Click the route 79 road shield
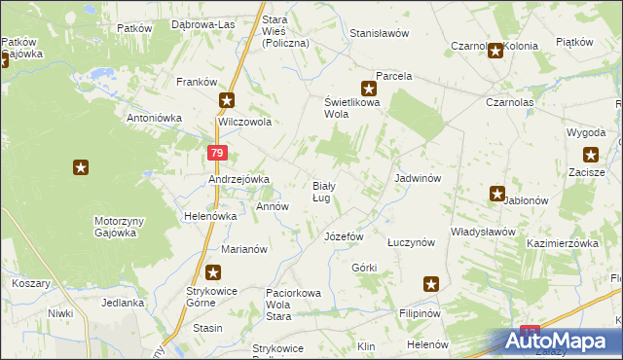pyautogui.click(x=217, y=154)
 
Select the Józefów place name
pyautogui.click(x=343, y=236)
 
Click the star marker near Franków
pyautogui.click(x=227, y=100)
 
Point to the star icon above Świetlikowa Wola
pyautogui.click(x=369, y=88)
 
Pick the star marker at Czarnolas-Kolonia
pyautogui.click(x=495, y=52)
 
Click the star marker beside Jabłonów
pyautogui.click(x=497, y=195)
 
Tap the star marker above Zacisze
pyautogui.click(x=590, y=154)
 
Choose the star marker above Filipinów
pyautogui.click(x=431, y=285)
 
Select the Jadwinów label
pyautogui.click(x=419, y=179)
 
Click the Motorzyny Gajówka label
pyautogui.click(x=119, y=227)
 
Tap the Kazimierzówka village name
pyautogui.click(x=561, y=243)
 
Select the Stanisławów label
pyautogui.click(x=379, y=32)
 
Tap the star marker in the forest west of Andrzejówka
pyautogui.click(x=81, y=167)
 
